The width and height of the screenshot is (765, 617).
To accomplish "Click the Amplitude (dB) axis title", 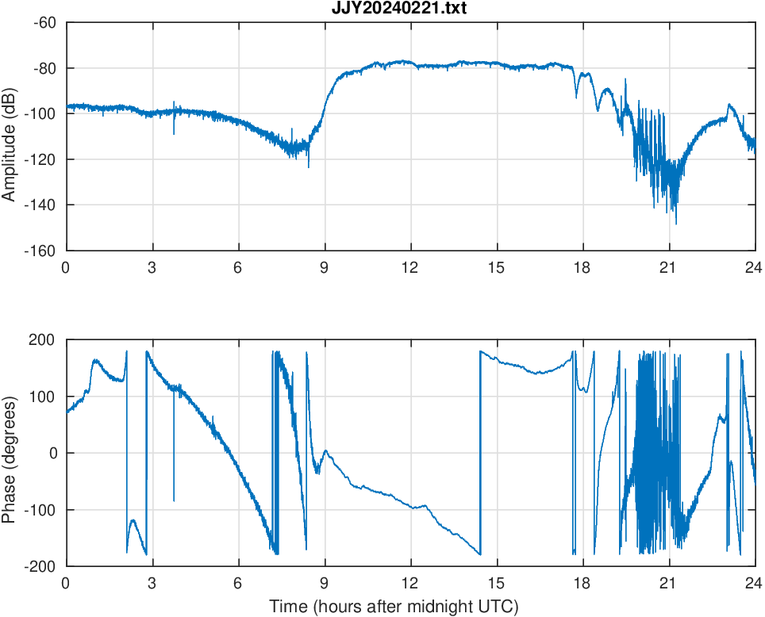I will [10, 136].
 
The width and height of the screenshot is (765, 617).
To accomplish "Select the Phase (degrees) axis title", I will [10, 453].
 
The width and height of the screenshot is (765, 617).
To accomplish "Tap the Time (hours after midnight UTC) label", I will [394, 607].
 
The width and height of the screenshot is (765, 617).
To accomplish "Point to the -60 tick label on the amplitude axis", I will [44, 22].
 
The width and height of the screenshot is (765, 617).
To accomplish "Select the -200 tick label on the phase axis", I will [40, 566].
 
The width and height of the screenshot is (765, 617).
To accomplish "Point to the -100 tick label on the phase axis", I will [40, 510].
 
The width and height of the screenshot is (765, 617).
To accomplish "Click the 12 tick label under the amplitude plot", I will [410, 267].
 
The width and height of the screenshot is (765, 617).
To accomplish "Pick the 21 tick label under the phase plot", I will [669, 583].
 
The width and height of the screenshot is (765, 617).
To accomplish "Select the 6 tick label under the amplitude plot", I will [238, 267].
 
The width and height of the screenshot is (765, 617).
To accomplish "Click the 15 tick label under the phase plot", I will [497, 583].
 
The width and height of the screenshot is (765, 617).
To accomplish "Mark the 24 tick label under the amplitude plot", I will [755, 267].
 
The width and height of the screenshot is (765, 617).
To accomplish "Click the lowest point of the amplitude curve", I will [676, 224].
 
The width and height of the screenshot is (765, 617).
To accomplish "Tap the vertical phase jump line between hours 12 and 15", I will [480, 452].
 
